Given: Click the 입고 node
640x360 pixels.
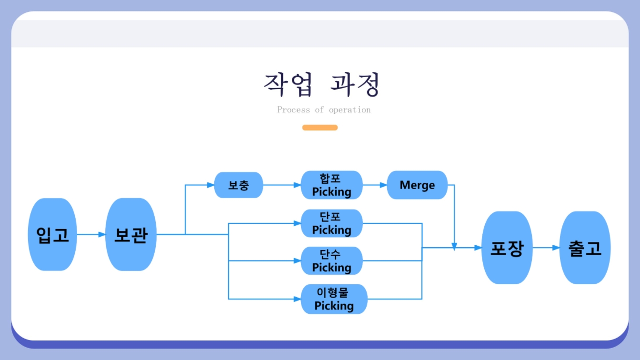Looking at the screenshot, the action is click(52, 234).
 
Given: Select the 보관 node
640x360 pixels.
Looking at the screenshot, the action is click(131, 234).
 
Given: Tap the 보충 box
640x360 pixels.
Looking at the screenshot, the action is click(239, 185).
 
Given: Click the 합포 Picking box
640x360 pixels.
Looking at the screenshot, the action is click(332, 185).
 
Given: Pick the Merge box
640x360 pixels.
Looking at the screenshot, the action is click(417, 185).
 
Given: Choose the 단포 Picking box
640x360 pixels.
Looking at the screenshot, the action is click(332, 223).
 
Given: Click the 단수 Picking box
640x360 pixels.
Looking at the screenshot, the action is click(332, 260).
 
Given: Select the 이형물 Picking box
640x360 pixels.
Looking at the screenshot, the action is click(334, 299).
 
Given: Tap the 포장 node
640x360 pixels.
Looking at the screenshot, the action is click(507, 248).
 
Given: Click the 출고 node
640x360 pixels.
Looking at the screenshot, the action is click(585, 248).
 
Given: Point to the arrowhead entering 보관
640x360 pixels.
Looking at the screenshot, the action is click(102, 234).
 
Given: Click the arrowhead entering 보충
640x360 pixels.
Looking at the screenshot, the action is click(211, 185).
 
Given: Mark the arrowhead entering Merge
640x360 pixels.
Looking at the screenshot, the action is click(383, 185).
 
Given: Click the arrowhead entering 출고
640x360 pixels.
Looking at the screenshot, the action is click(556, 248).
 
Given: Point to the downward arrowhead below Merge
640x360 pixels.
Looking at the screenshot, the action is click(454, 247).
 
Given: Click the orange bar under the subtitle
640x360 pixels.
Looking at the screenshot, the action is click(320, 128).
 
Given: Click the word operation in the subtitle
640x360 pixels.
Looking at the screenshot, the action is click(350, 110).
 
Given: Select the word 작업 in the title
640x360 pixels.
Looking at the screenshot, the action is click(288, 84).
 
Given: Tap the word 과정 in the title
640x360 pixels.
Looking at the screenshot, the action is click(355, 84).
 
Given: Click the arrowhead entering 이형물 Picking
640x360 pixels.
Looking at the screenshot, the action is click(298, 299).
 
